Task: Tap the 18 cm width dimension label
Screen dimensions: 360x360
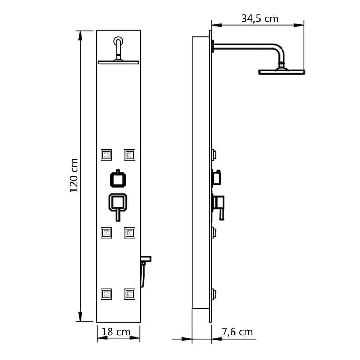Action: [x=116, y=332]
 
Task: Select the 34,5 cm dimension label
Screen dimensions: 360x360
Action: [x=259, y=19]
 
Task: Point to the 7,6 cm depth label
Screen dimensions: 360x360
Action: [x=237, y=332]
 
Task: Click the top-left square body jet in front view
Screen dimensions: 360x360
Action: [x=107, y=155]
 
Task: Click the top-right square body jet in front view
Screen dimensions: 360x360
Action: [x=129, y=155]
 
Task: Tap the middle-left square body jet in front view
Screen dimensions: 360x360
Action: [x=107, y=232]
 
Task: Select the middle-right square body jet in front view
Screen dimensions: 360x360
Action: [x=129, y=232]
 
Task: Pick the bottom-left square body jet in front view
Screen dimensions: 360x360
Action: [x=107, y=294]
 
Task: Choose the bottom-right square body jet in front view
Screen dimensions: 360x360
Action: [x=129, y=294]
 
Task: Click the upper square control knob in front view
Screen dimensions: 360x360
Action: [x=118, y=179]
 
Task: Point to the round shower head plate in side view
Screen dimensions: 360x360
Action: [x=281, y=72]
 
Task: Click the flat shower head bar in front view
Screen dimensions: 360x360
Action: [x=118, y=63]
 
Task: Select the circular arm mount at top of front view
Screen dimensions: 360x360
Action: [x=118, y=41]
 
